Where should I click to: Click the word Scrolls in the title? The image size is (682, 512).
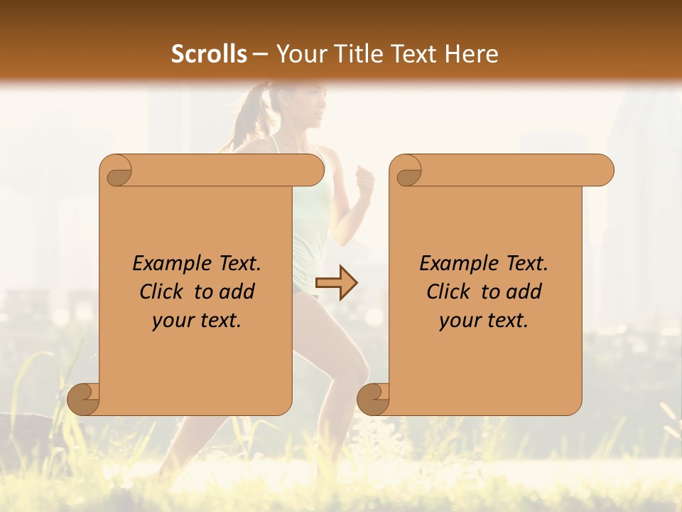209,54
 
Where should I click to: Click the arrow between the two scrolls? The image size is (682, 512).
336,283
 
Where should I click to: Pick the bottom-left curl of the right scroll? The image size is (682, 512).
373,398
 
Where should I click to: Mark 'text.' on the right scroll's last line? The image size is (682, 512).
506,321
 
